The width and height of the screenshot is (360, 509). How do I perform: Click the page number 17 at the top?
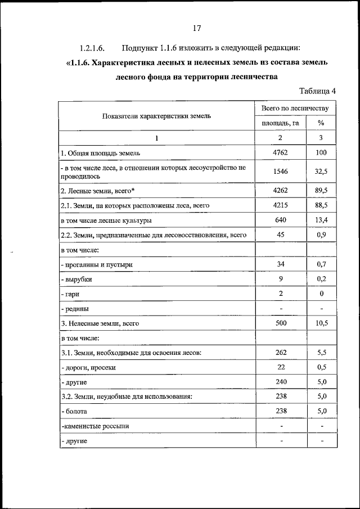197,28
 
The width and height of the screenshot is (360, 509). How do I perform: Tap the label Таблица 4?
317,91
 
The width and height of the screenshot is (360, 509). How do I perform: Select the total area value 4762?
280,152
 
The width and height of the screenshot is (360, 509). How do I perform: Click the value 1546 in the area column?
280,172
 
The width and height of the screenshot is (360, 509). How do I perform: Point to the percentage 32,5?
322,172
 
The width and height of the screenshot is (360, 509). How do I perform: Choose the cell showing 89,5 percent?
322,191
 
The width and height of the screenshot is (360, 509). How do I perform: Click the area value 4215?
280,206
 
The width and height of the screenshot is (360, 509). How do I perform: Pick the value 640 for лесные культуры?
280,220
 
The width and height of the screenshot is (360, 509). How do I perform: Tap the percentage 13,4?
322,220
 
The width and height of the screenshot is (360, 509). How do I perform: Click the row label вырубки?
76,279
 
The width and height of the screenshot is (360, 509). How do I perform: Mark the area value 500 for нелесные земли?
280,323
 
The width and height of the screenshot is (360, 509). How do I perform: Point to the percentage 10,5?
322,323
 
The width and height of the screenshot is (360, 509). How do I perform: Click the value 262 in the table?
280,353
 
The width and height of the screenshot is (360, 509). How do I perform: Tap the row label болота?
74,412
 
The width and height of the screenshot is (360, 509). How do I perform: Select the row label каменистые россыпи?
95,426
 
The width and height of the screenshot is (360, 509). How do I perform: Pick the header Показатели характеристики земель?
156,116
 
